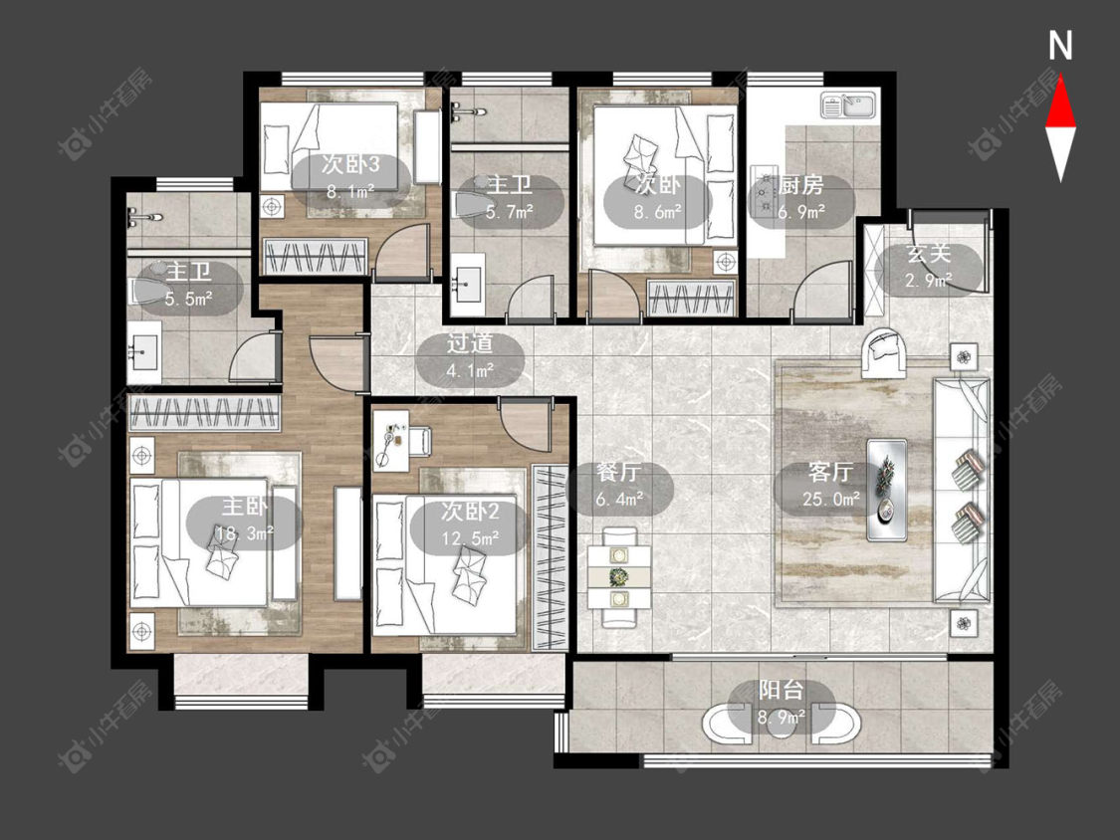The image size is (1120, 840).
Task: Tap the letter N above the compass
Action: pos(1060,46)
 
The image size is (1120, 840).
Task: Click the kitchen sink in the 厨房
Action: pos(848,106)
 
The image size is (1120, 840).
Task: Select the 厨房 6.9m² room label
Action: pos(800,199)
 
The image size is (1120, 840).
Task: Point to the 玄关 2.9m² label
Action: pos(929,266)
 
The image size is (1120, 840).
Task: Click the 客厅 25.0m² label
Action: pos(830,486)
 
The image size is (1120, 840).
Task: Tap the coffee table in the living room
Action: pos(887,490)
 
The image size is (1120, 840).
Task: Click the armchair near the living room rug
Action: pos(884,353)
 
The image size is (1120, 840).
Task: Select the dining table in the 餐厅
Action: pos(619,577)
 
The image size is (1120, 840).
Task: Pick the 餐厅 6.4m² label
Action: pos(618,486)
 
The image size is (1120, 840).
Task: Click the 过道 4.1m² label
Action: pos(470,357)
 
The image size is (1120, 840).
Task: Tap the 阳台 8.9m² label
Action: pos(781,704)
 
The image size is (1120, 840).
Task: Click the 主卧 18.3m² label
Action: pos(244,520)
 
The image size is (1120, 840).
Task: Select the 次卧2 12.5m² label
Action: pos(469,525)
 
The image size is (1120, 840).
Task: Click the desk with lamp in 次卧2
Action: pos(390,440)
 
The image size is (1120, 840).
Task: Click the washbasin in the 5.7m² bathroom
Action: pos(468,285)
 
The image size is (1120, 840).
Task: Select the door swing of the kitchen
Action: pos(821,290)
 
